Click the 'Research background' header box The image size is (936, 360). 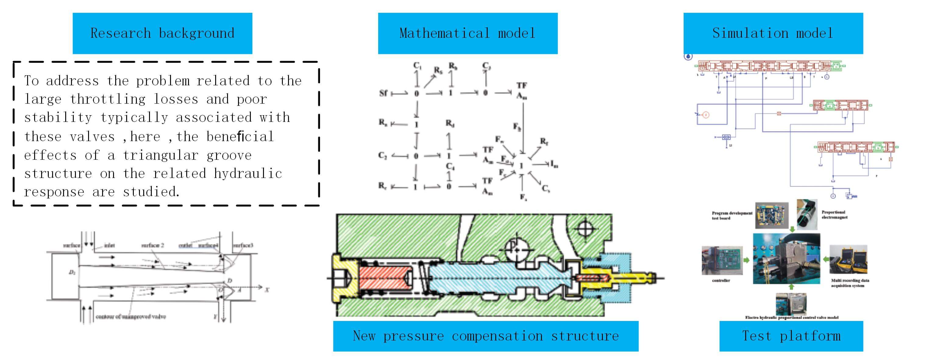[162, 34]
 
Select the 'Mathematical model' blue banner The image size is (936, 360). [468, 34]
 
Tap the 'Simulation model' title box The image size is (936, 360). [773, 34]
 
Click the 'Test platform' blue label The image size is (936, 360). [791, 336]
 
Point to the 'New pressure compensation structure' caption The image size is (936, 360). [486, 336]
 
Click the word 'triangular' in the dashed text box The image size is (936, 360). [160, 155]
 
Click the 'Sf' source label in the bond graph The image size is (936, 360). [383, 93]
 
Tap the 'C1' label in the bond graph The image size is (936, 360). [417, 66]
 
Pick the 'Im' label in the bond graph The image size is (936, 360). [554, 164]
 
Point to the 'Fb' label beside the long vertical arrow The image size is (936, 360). [517, 127]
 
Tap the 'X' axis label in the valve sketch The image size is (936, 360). [267, 290]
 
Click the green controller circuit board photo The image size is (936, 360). [722, 260]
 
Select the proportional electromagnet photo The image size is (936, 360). [807, 214]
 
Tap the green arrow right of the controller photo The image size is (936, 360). [746, 260]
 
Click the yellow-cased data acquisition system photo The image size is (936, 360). [848, 259]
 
